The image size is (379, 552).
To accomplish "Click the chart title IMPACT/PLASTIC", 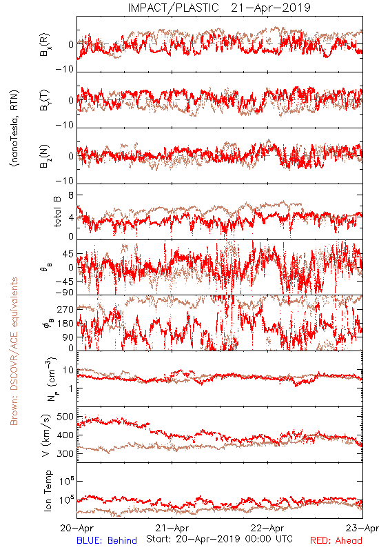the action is click(x=173, y=8).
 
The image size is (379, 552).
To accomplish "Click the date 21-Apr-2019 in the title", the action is click(x=271, y=8).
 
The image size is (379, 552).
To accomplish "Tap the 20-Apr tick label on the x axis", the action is click(x=76, y=528).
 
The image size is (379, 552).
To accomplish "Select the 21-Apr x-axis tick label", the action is click(x=172, y=528).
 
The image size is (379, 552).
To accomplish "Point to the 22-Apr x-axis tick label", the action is click(x=267, y=528).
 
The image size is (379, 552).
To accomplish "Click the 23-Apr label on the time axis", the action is click(x=362, y=528).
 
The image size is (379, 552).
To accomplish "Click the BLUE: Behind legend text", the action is click(x=107, y=540).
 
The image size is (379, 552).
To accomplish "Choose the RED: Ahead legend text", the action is click(x=336, y=540).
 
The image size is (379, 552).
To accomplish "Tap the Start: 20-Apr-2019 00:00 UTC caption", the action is click(x=219, y=539).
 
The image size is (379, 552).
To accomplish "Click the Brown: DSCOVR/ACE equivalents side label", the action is click(x=14, y=351).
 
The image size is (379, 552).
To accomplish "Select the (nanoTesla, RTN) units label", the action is click(x=14, y=128).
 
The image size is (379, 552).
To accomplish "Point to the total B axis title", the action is click(x=57, y=212).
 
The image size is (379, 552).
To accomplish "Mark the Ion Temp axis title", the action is click(x=48, y=491).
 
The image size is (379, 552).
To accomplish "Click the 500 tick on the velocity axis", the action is click(x=65, y=417).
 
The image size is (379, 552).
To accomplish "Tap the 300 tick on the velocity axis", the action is click(x=65, y=453).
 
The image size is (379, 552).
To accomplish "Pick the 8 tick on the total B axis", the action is click(x=71, y=195).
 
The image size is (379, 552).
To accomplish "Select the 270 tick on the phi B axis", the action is click(x=65, y=309).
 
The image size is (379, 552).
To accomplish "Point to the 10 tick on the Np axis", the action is click(x=68, y=371).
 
